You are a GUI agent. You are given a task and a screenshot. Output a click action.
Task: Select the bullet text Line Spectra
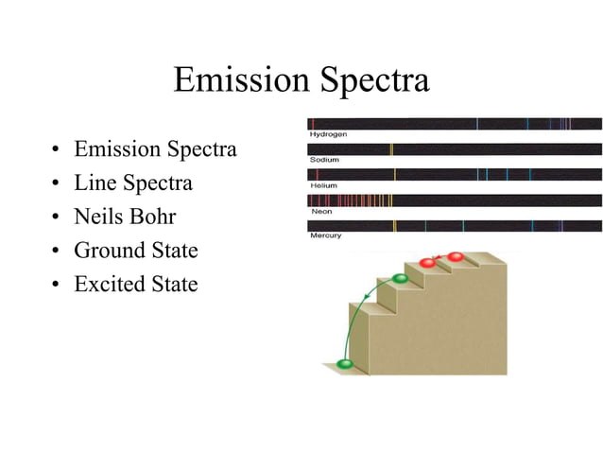click(133, 183)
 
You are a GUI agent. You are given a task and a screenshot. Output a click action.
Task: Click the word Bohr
click(154, 217)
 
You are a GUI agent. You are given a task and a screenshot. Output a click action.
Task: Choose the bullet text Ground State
click(136, 251)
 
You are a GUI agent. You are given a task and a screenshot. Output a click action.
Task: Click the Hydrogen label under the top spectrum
click(329, 135)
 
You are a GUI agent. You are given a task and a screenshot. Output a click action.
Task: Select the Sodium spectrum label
click(324, 160)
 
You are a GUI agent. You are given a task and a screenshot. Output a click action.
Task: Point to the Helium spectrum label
click(323, 185)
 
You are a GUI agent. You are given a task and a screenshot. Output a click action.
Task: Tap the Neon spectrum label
click(321, 211)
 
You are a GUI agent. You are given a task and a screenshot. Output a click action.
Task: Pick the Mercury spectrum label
click(326, 235)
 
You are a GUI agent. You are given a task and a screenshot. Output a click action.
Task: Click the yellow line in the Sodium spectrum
click(391, 148)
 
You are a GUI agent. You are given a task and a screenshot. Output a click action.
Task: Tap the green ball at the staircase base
click(345, 364)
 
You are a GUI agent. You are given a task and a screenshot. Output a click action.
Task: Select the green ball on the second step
click(400, 278)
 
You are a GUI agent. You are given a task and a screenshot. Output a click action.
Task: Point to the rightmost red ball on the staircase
click(456, 257)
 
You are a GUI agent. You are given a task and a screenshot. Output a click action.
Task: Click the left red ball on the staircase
click(427, 263)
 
